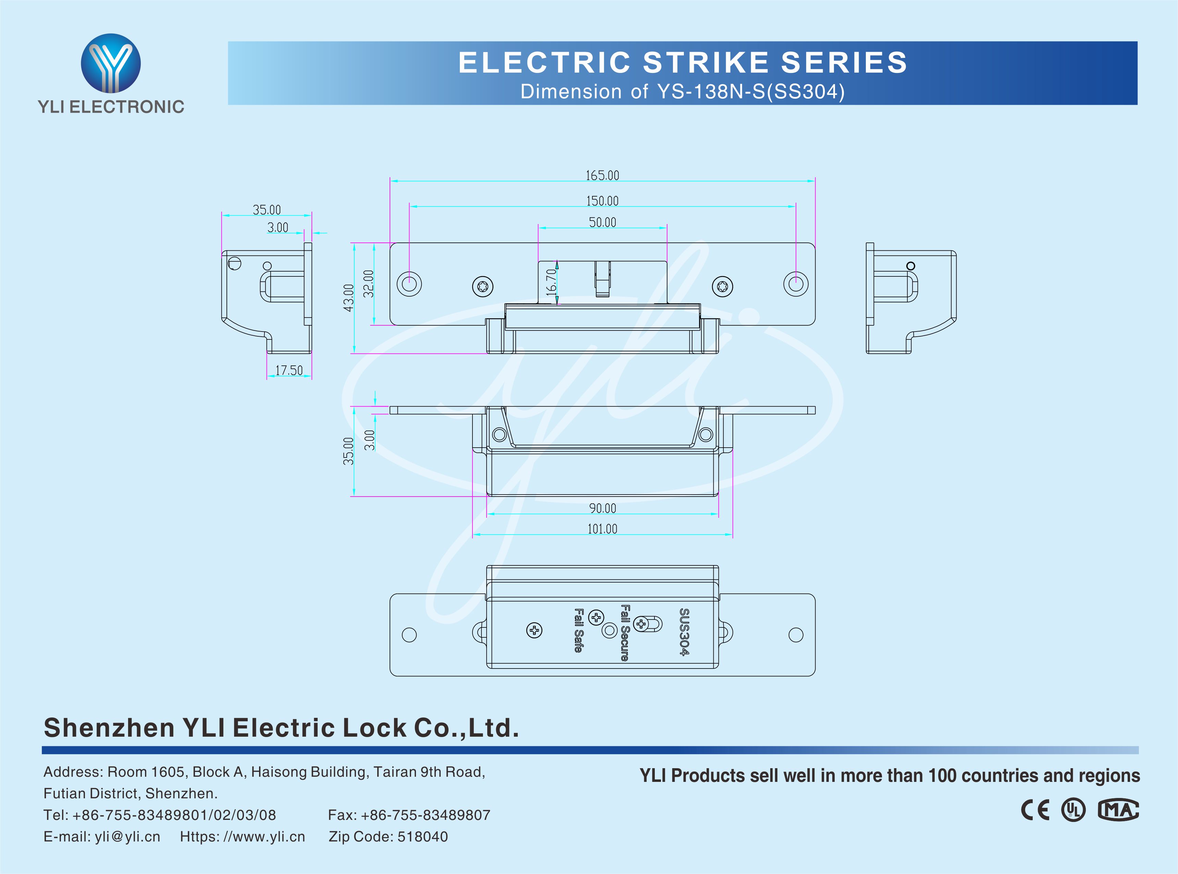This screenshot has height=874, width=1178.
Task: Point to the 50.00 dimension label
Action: click(602, 223)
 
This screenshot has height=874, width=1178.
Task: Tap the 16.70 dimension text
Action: click(551, 282)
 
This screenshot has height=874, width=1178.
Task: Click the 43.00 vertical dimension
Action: click(348, 298)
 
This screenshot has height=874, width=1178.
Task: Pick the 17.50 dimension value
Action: click(289, 370)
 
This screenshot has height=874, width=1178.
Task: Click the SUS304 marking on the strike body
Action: click(684, 632)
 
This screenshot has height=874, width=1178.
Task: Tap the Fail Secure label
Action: click(625, 633)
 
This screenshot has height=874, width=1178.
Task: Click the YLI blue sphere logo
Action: click(111, 63)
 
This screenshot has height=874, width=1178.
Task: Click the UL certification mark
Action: click(1073, 810)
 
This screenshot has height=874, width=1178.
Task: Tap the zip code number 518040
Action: click(422, 836)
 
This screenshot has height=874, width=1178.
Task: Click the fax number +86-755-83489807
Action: click(426, 815)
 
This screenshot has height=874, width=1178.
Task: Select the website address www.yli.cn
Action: click(265, 836)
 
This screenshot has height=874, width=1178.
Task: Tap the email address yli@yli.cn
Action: click(127, 836)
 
